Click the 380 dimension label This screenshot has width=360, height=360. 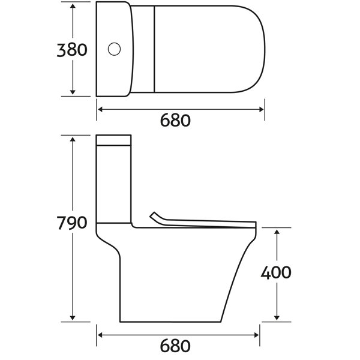72,50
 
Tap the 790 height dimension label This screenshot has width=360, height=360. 72,223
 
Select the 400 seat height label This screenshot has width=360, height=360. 276,272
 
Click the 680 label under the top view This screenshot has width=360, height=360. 175,121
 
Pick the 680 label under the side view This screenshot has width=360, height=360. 175,346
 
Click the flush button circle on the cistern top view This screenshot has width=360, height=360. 114,49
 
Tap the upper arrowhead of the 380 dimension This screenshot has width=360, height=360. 73,6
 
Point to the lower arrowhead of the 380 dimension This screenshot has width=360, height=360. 73,92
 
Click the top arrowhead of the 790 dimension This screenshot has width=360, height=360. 73,140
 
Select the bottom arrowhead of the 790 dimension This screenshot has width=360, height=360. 73,317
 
